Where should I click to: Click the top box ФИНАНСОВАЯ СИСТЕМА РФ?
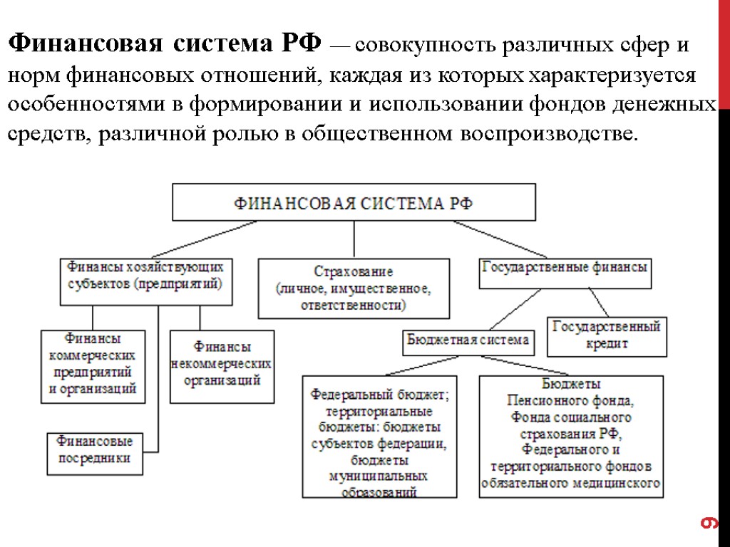(354, 202)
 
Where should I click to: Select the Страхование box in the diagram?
(354, 288)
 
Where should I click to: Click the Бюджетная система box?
(468, 340)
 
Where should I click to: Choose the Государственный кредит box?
(607, 336)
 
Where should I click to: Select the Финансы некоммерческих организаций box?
(222, 364)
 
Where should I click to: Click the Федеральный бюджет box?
(379, 436)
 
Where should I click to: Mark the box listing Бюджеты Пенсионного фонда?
(571, 436)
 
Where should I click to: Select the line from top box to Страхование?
(354, 239)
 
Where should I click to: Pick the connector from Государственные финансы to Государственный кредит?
(598, 302)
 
